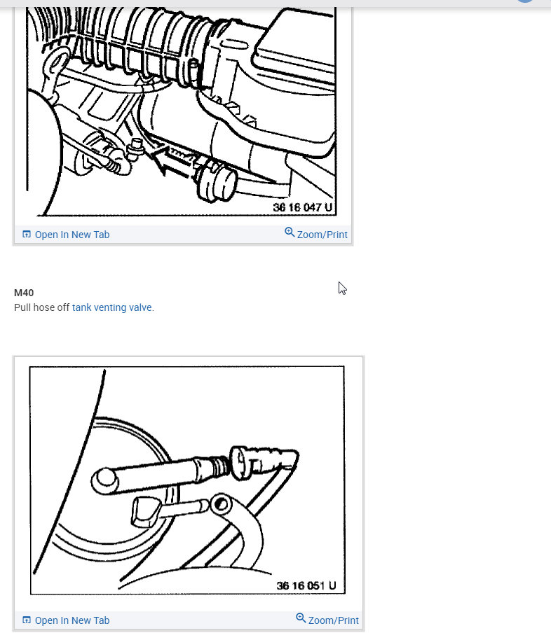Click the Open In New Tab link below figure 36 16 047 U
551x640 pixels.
pyautogui.click(x=72, y=235)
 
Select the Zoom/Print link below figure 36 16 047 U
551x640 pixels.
pyautogui.click(x=322, y=235)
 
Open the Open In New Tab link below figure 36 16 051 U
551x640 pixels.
pyautogui.click(x=72, y=620)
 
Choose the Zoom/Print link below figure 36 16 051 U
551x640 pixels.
pyautogui.click(x=333, y=620)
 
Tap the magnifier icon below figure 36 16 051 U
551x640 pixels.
pyautogui.click(x=301, y=618)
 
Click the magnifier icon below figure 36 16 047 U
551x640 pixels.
pyautogui.click(x=290, y=232)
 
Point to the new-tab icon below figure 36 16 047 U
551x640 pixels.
pyautogui.click(x=27, y=235)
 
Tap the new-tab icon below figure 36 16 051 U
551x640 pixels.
pyautogui.click(x=27, y=620)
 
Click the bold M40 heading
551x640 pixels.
pyautogui.click(x=24, y=293)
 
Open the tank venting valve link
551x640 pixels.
pyautogui.click(x=111, y=307)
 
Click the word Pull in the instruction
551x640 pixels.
pyautogui.click(x=23, y=307)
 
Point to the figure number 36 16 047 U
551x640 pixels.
pyautogui.click(x=303, y=208)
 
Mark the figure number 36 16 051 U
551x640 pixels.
pyautogui.click(x=306, y=585)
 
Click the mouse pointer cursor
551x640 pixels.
pyautogui.click(x=342, y=288)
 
